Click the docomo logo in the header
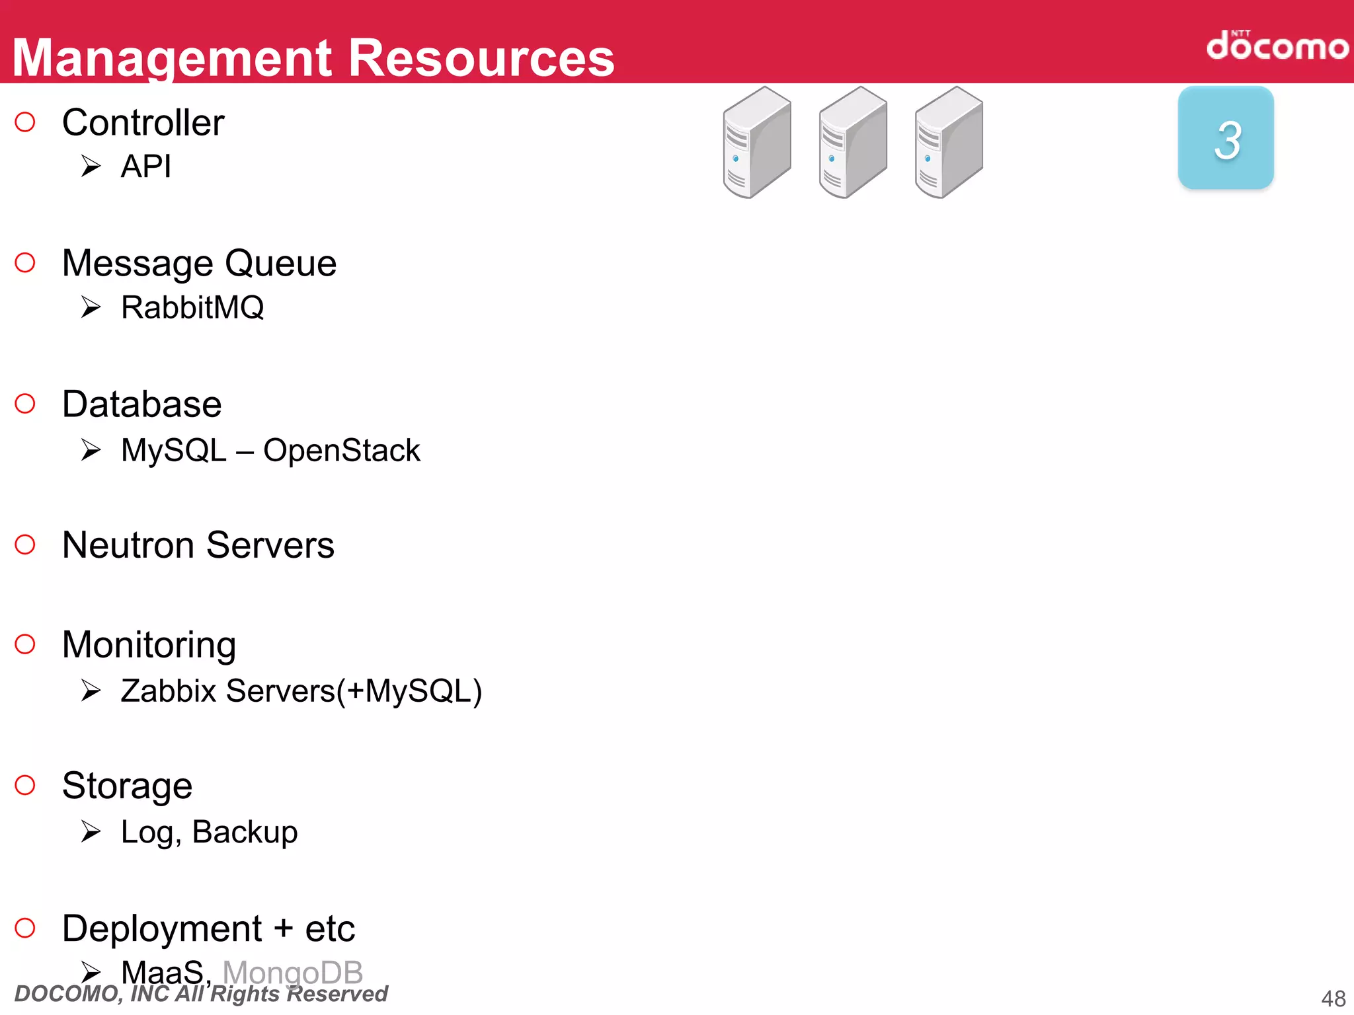coord(1277,46)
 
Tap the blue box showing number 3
coord(1226,138)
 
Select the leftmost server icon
coord(757,143)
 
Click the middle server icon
coord(853,143)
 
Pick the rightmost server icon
coord(949,143)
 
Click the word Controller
coord(143,123)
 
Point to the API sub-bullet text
coord(146,166)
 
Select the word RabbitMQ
coord(192,308)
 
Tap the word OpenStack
coord(341,451)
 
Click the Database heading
coord(141,404)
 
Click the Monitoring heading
coord(149,645)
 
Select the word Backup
coord(245,833)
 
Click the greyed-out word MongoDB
coord(293,973)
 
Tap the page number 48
coord(1333,998)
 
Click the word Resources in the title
coord(481,58)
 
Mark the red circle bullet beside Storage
coord(25,785)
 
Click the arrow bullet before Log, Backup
coord(91,831)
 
